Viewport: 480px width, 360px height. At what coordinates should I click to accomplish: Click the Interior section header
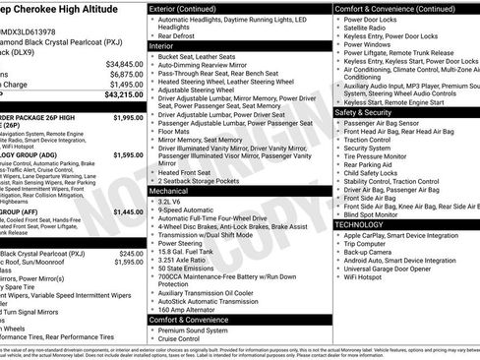click(162, 46)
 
